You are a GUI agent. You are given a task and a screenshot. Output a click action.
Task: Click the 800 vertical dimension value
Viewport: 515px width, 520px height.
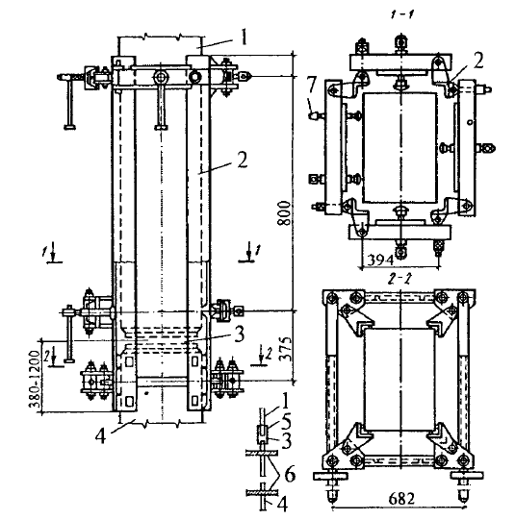tap(285, 212)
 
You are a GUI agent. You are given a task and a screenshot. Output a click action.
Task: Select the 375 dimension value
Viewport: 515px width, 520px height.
tap(285, 349)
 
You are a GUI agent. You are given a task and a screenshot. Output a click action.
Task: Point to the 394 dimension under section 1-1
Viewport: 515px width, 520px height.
tap(379, 260)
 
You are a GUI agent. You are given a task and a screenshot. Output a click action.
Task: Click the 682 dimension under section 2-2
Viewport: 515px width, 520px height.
tap(401, 499)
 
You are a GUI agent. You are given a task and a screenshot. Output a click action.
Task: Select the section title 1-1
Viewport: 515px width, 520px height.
tap(403, 15)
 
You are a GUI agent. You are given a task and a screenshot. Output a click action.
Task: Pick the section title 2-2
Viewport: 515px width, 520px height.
tap(400, 281)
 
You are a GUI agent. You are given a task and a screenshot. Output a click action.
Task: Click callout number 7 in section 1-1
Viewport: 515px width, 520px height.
tap(311, 86)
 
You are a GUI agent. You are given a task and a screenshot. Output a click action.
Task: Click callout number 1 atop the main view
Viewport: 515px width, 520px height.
tap(245, 37)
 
